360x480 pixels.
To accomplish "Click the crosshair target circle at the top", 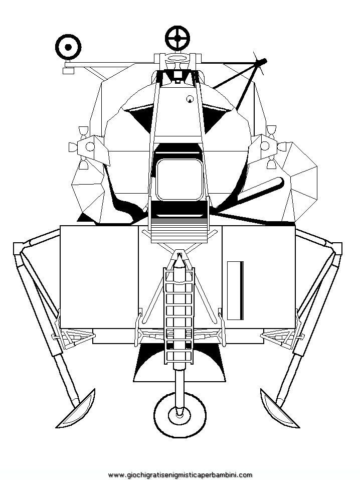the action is [177, 38].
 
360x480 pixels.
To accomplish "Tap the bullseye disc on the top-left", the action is [68, 47].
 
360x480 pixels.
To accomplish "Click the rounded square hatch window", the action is [179, 180].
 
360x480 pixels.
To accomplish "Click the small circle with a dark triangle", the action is [190, 99].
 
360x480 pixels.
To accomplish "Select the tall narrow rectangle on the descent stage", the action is [235, 290].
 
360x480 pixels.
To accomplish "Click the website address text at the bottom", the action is [181, 475].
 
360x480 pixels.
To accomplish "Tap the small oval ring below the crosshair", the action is [177, 59].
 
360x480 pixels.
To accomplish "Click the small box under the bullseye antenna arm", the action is [69, 71].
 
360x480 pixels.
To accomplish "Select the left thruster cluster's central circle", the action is [90, 146].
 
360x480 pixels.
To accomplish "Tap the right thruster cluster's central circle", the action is [265, 146].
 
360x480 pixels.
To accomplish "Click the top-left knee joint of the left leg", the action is [19, 248].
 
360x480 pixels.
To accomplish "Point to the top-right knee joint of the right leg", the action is [337, 248].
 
